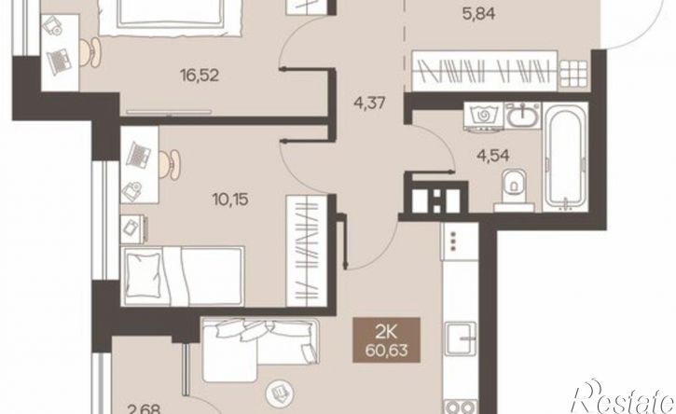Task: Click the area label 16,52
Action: tap(200, 76)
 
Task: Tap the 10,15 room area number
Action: tap(230, 200)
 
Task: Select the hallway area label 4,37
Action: tap(368, 103)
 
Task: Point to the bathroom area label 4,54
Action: tap(492, 155)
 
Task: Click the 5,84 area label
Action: tap(477, 14)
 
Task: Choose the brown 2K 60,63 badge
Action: tap(386, 339)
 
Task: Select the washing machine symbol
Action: tap(483, 115)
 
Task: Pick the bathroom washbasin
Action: tap(522, 115)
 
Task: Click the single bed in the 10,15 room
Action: tap(183, 276)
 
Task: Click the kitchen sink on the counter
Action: tap(462, 338)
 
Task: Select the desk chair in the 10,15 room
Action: tap(171, 164)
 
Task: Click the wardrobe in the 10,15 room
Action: tap(307, 251)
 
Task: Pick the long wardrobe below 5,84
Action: tap(485, 71)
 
